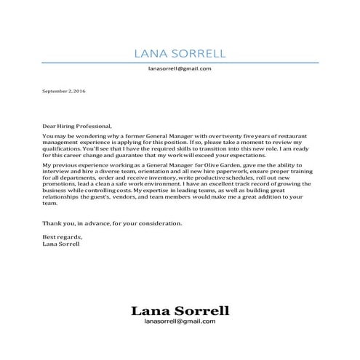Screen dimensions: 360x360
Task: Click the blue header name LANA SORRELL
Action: point(180,53)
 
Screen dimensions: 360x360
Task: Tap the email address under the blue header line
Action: point(179,68)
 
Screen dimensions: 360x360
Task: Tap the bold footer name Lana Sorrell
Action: point(180,311)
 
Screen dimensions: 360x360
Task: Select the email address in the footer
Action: point(180,321)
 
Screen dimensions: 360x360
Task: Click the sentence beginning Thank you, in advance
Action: point(111,223)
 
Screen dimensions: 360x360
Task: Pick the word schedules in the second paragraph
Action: point(232,180)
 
